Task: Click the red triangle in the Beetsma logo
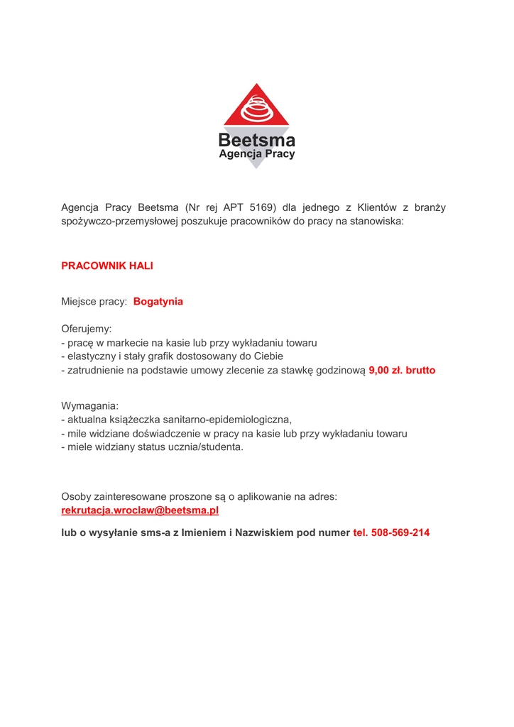[256, 106]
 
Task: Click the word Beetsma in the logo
[256, 141]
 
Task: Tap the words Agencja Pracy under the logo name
[256, 154]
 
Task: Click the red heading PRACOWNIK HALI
[107, 266]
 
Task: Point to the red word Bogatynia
[158, 302]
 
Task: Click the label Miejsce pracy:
[94, 302]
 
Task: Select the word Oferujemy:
[87, 329]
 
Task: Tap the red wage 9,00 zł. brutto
[402, 371]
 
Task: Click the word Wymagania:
[90, 406]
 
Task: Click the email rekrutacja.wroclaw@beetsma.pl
[140, 510]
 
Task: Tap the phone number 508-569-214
[400, 532]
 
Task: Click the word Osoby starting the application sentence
[77, 497]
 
